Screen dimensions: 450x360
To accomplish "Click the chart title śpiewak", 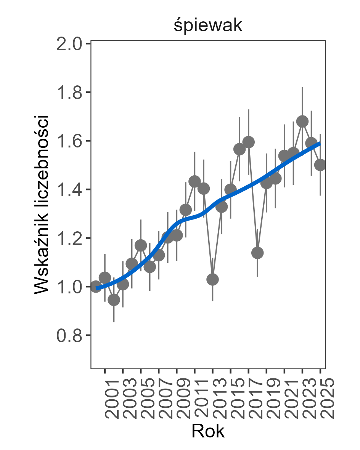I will pos(208,26).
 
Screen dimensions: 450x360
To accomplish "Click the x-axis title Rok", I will pos(208,431).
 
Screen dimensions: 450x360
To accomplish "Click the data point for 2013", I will pos(212,279).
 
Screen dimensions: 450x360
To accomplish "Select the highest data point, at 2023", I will pos(302,122).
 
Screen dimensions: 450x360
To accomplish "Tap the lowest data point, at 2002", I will pos(114,300).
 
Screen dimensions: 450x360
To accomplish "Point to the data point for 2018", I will pos(257,253).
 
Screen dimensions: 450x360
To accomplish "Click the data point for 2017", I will pos(248,142).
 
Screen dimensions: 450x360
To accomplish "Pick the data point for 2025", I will pos(320,165).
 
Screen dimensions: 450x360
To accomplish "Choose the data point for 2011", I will pos(194,181).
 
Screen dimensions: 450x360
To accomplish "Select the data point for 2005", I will pos(141,245).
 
